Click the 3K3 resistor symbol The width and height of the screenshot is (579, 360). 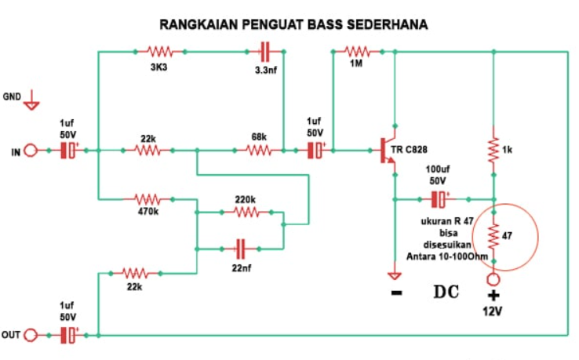[x=160, y=52]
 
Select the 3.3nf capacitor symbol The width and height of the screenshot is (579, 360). [x=264, y=52]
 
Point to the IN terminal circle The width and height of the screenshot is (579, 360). [x=31, y=151]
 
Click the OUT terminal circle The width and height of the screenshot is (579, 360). [x=31, y=335]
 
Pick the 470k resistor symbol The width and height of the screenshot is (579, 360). [x=147, y=198]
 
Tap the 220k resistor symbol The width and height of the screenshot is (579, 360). [x=246, y=212]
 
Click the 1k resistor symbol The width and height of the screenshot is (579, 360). [x=493, y=150]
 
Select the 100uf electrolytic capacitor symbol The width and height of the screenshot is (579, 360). [x=442, y=198]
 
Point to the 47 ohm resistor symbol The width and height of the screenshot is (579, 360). [x=493, y=235]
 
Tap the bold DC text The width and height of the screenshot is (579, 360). [x=445, y=293]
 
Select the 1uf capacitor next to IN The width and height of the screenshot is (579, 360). [x=70, y=151]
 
